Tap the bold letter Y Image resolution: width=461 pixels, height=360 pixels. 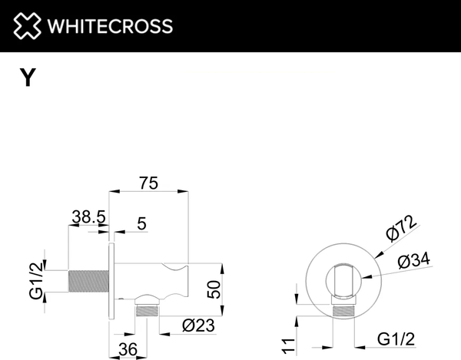[27, 78]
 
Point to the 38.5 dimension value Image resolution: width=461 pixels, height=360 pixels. [88, 217]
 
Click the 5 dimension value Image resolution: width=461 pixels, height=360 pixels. [142, 224]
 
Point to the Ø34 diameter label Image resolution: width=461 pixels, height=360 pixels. [413, 262]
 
